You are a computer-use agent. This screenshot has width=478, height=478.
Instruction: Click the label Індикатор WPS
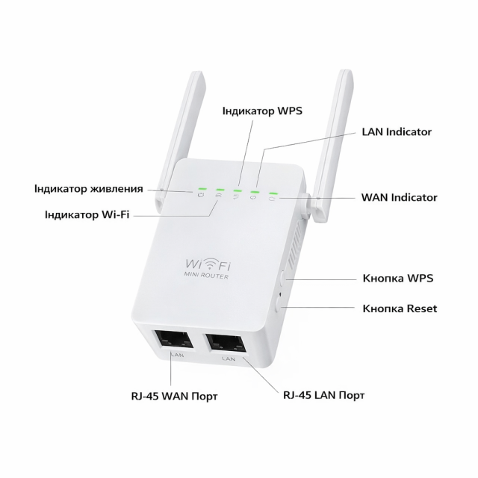tap(261, 110)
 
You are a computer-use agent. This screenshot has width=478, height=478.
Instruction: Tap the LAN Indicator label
tap(396, 131)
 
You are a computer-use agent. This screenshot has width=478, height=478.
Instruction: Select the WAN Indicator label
tap(399, 198)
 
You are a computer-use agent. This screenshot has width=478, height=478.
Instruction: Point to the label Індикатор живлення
tap(88, 187)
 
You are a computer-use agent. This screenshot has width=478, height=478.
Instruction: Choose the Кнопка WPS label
tap(397, 278)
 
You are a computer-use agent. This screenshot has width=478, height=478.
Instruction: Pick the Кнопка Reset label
tap(400, 308)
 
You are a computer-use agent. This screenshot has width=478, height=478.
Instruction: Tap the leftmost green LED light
tap(200, 190)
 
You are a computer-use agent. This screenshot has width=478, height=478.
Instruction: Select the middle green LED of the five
tap(237, 191)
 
